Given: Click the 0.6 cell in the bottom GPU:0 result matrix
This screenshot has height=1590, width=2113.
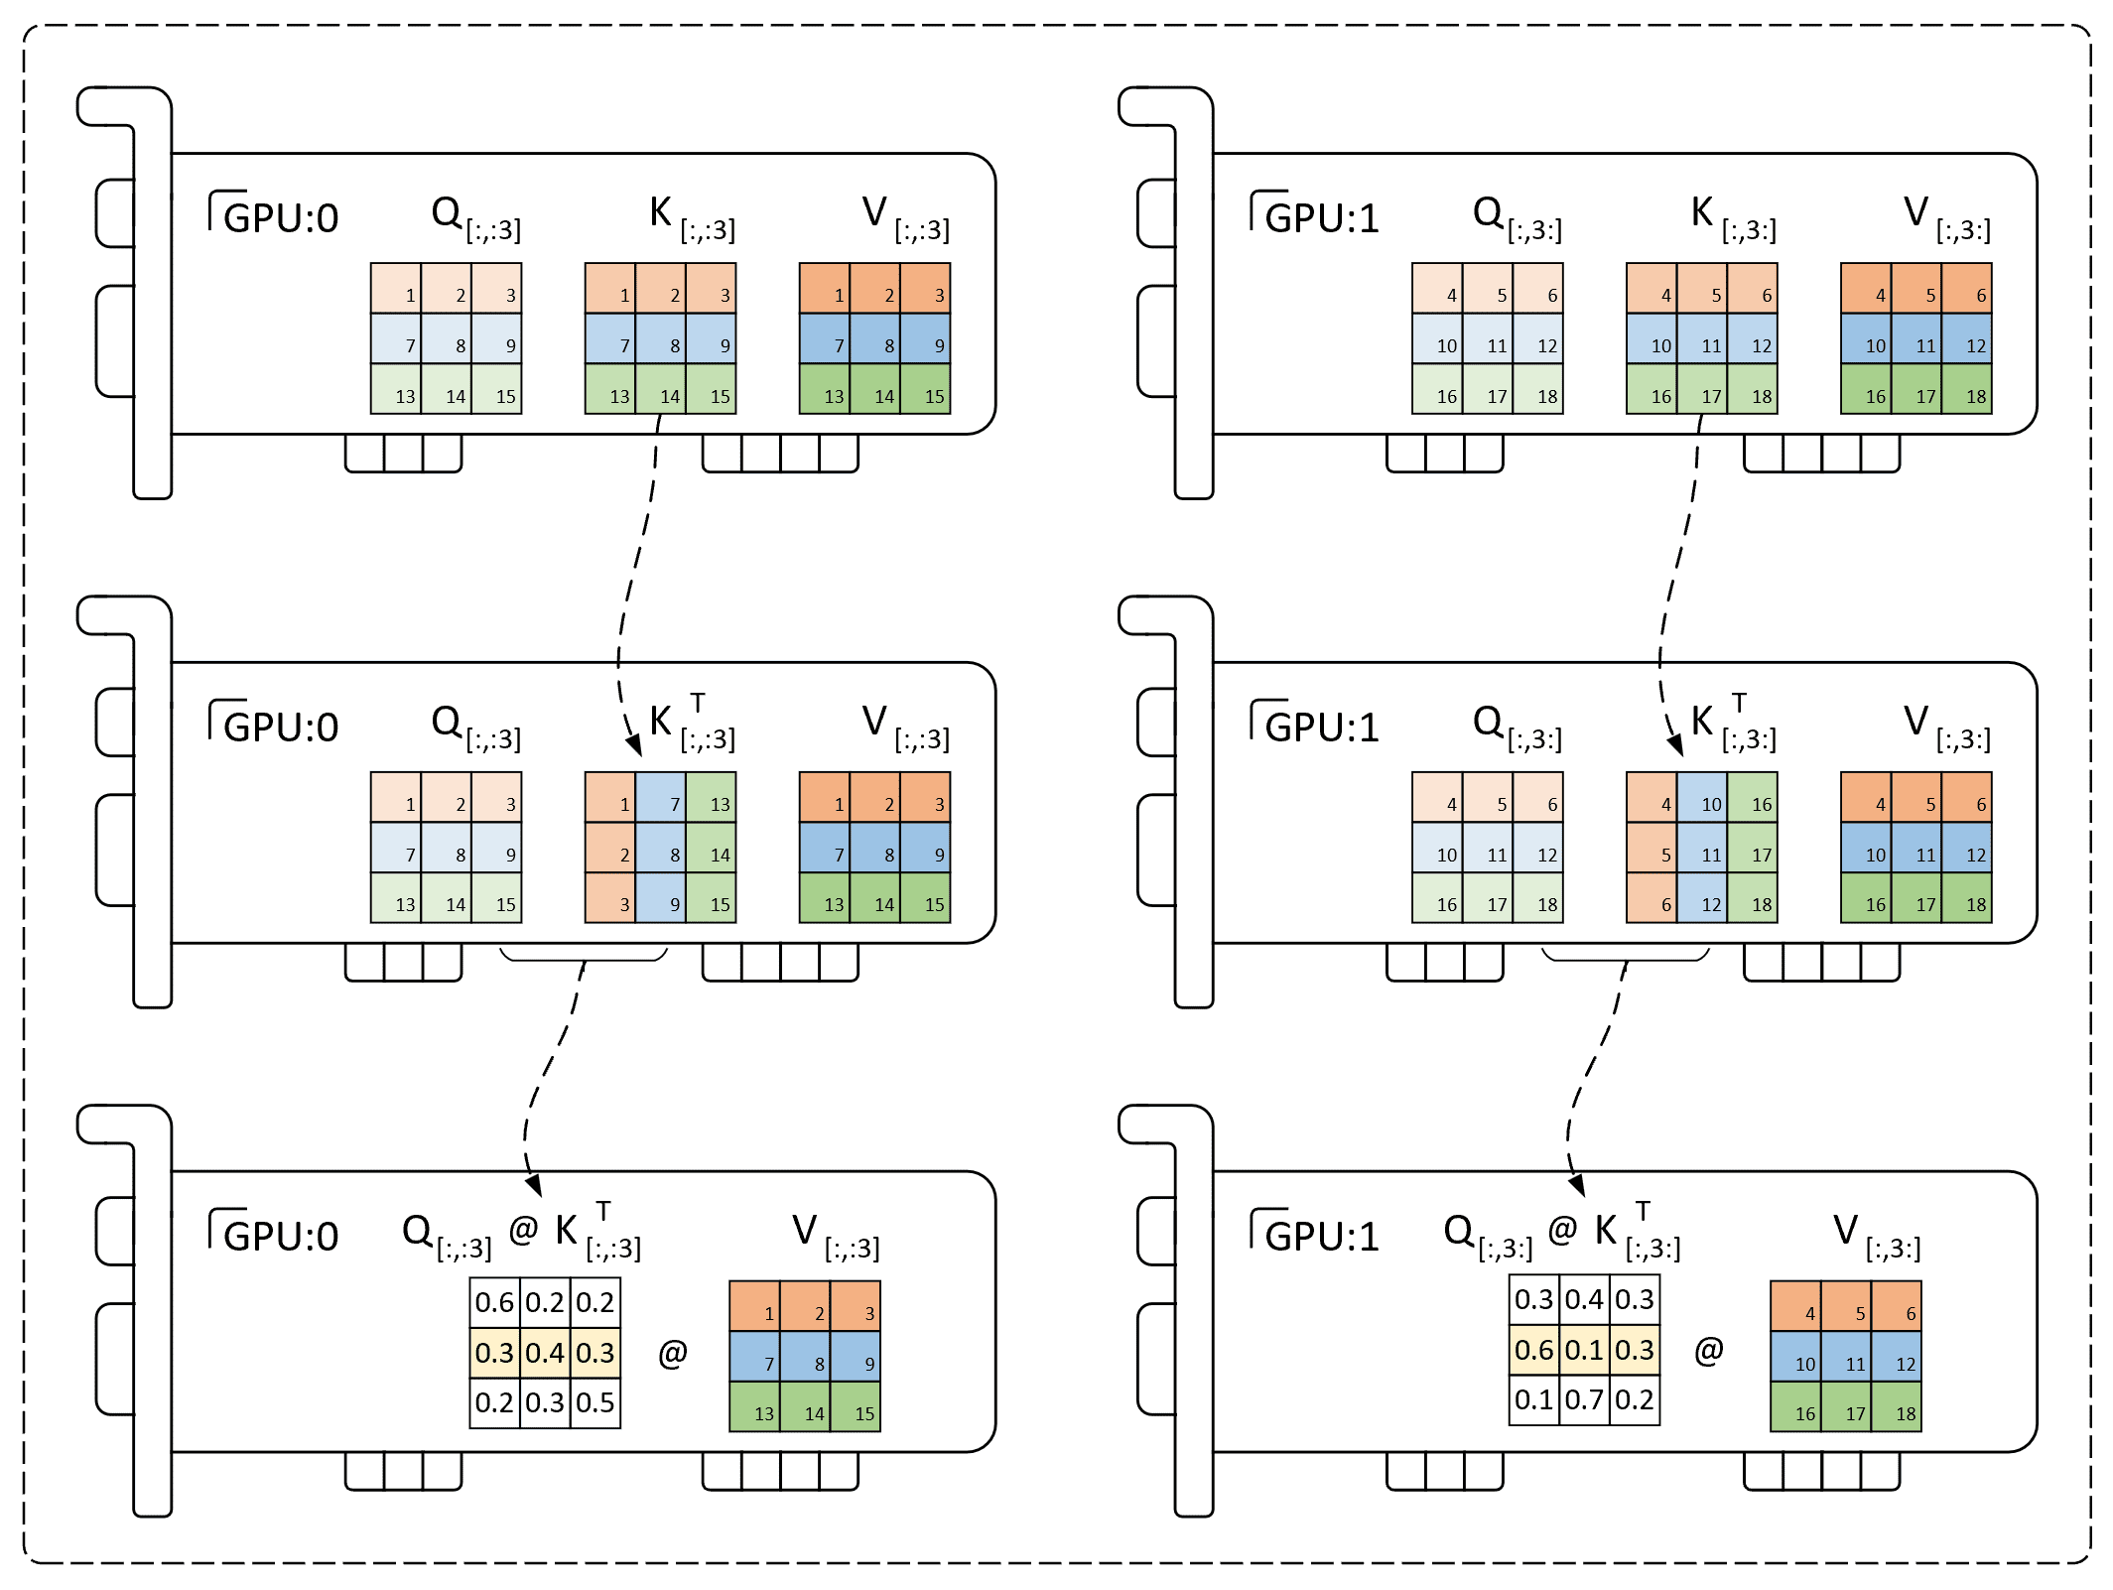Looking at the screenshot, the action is pos(494,1302).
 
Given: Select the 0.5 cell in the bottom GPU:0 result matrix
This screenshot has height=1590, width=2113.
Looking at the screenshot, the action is pos(595,1402).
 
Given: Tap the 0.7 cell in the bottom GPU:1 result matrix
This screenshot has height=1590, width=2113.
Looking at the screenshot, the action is pos(1584,1399).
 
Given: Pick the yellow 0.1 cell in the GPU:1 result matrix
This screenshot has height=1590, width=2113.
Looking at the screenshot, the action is pos(1584,1350).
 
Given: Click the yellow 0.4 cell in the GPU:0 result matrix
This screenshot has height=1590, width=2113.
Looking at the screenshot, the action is pos(545,1353).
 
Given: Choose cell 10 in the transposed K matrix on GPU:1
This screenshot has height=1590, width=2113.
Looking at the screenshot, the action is pos(1702,798).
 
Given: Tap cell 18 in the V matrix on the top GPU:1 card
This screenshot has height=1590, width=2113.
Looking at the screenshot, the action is pos(1967,389).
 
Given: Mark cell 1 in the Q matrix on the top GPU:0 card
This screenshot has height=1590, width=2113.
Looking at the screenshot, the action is pos(396,289).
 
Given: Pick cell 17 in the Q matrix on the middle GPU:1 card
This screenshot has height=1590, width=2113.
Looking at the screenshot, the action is pos(1488,898).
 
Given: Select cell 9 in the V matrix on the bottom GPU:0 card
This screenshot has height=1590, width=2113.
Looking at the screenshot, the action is pos(856,1357).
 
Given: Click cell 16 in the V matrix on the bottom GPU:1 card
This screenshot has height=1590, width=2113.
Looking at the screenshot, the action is pos(1796,1406).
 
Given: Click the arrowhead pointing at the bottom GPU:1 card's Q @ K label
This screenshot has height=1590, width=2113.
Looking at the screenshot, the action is pos(1576,1185).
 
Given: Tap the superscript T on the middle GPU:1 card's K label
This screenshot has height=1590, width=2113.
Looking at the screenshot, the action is pos(1739,703).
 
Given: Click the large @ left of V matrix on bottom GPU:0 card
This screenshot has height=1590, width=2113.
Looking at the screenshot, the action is pos(673,1354).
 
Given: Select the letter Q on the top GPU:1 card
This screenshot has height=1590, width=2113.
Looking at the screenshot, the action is pos(1488,211).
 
